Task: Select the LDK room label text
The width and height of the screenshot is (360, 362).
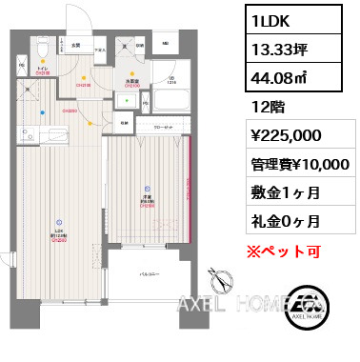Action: click(x=59, y=231)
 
